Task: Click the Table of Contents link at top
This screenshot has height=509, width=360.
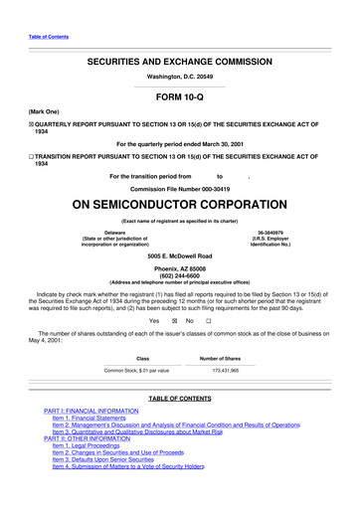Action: (48, 36)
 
